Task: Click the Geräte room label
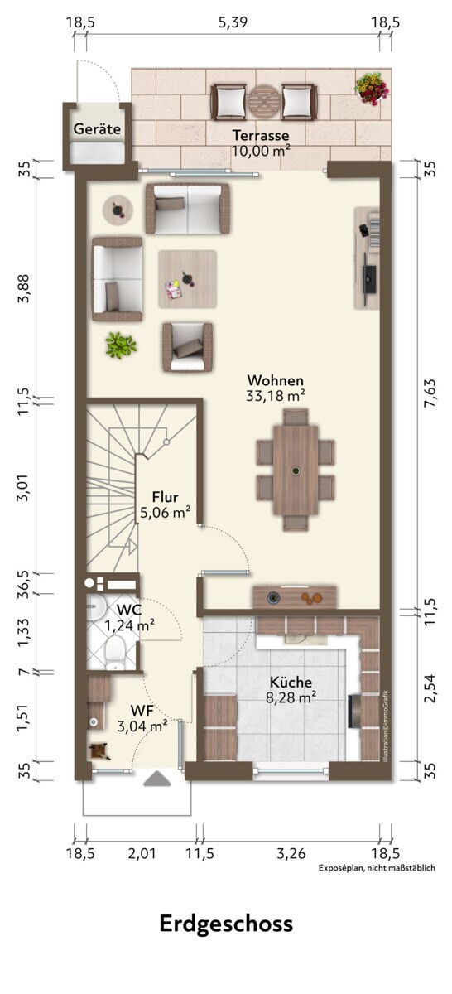coord(97,129)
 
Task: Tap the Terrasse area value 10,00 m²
coord(261,151)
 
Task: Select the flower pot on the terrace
coord(371,89)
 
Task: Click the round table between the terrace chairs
coord(263,102)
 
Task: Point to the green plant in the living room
coord(120,345)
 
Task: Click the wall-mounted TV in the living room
coord(368,278)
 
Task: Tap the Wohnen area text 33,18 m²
coord(275,395)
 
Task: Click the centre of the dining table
coord(296,470)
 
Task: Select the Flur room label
coord(165,496)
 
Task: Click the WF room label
coord(142,711)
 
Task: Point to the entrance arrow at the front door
coord(157,779)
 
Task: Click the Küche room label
coord(291,682)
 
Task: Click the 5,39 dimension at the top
coord(233,22)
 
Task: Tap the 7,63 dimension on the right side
coord(430,393)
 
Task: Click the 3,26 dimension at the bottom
coord(291,853)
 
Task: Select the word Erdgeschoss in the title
coord(226,924)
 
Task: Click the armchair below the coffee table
coord(187,347)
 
